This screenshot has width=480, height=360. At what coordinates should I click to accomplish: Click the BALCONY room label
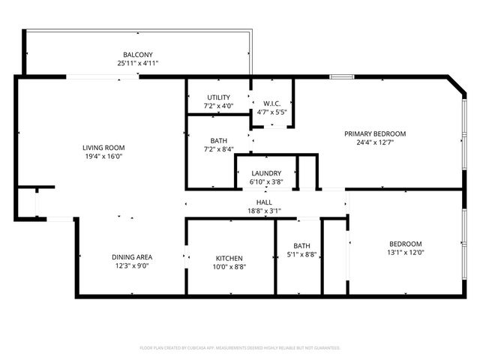pyautogui.click(x=138, y=55)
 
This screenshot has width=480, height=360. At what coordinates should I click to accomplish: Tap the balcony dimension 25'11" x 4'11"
pyautogui.click(x=138, y=64)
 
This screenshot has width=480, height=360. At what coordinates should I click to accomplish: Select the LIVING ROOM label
pyautogui.click(x=103, y=148)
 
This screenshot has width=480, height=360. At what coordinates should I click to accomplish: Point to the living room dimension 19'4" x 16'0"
pyautogui.click(x=103, y=157)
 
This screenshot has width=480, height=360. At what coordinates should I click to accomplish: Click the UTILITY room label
pyautogui.click(x=219, y=97)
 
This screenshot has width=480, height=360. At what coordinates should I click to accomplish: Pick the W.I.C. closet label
pyautogui.click(x=271, y=103)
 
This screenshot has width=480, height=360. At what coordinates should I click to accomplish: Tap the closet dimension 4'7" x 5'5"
pyautogui.click(x=271, y=112)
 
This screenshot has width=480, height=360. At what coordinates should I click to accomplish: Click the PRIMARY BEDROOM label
pyautogui.click(x=375, y=133)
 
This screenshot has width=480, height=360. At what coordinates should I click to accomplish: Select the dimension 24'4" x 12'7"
pyautogui.click(x=375, y=142)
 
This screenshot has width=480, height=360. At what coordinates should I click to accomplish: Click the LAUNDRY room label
pyautogui.click(x=265, y=173)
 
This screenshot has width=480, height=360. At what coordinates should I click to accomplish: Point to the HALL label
pyautogui.click(x=264, y=202)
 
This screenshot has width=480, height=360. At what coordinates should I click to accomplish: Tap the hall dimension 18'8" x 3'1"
pyautogui.click(x=264, y=211)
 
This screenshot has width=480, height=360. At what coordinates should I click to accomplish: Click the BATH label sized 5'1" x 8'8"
pyautogui.click(x=301, y=245)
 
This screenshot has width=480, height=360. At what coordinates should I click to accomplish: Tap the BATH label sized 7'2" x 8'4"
pyautogui.click(x=219, y=140)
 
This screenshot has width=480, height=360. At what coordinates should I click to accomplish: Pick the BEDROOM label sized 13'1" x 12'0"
pyautogui.click(x=405, y=244)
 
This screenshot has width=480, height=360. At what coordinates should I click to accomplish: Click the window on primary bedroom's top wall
pyautogui.click(x=342, y=76)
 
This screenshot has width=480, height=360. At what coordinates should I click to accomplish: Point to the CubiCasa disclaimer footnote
pyautogui.click(x=240, y=348)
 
